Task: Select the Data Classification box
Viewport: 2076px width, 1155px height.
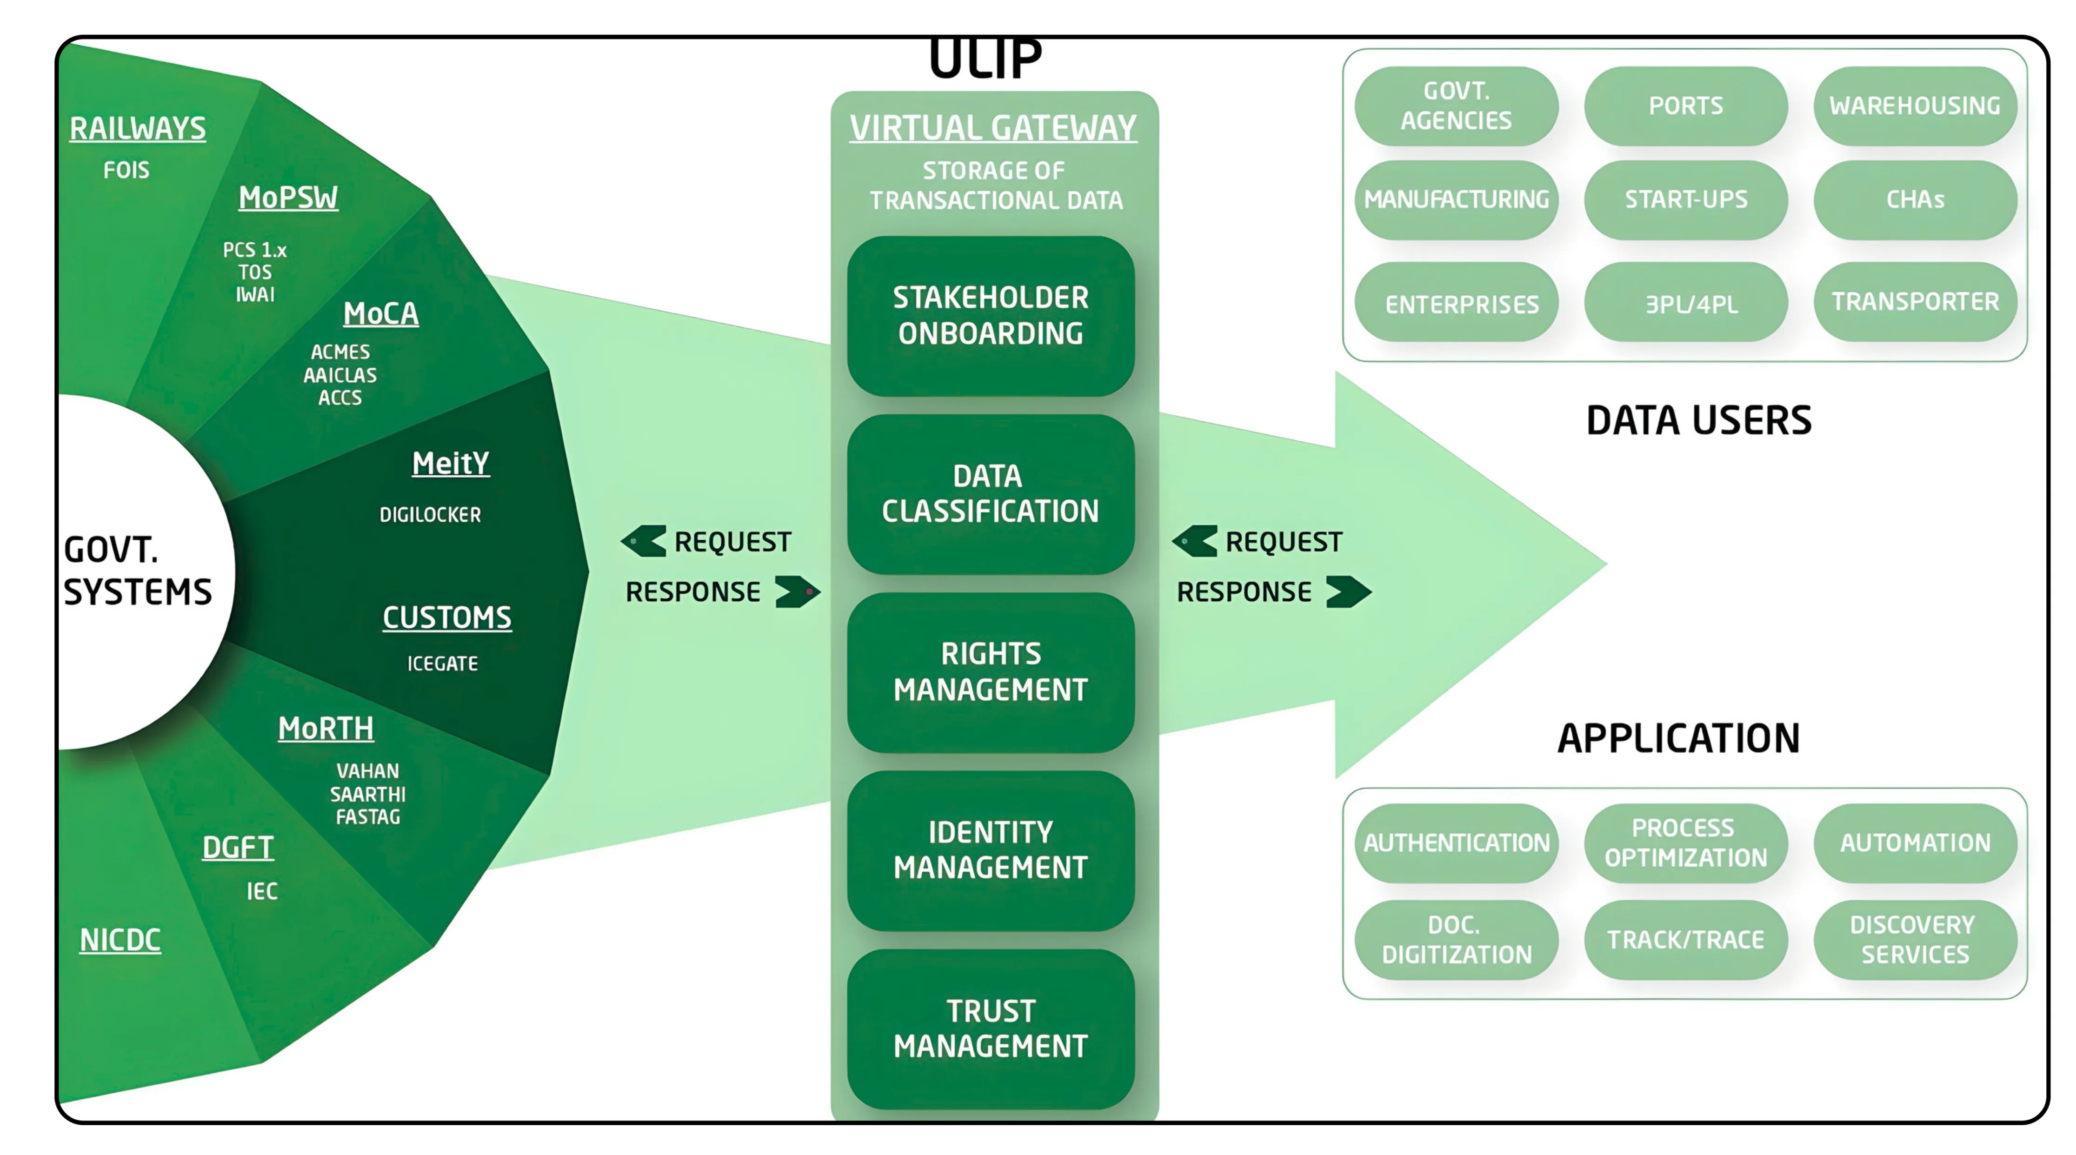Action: point(991,493)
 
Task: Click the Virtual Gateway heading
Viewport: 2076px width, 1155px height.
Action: point(993,128)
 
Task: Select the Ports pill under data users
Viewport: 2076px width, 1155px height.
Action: point(1685,106)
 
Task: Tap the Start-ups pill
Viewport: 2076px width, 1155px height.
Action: point(1685,199)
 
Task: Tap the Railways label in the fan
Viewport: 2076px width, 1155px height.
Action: point(138,129)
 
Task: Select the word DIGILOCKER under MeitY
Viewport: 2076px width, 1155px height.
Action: point(430,514)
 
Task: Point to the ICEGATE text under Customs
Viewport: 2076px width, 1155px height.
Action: point(442,664)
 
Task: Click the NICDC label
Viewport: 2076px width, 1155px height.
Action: point(120,940)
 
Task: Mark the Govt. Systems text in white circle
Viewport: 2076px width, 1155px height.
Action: point(137,571)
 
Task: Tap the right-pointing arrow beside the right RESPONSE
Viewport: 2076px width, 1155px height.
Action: point(1348,591)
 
